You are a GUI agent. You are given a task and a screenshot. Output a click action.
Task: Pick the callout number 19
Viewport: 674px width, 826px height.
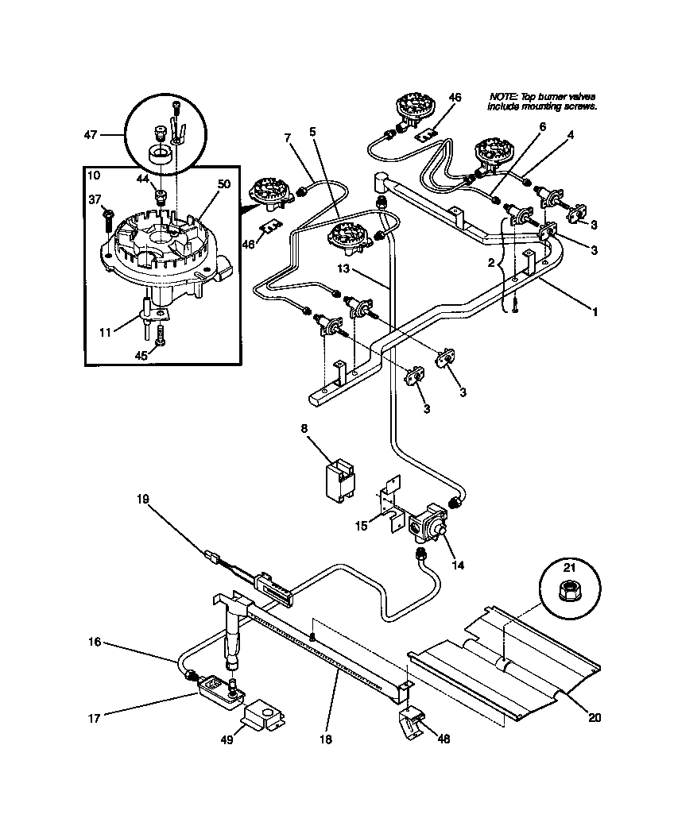[142, 500]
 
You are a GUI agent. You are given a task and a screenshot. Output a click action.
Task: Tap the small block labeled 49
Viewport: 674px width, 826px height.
[264, 716]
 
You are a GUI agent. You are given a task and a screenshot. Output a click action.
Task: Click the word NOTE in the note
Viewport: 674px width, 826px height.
[502, 96]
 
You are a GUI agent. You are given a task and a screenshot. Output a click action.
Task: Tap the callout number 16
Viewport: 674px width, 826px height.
[94, 642]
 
